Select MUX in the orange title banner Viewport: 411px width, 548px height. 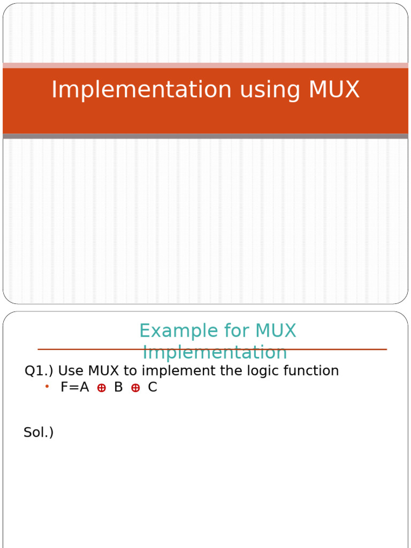(334, 89)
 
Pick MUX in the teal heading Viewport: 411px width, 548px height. (276, 331)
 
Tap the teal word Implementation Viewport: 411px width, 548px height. (215, 353)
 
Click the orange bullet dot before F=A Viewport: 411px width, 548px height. (47, 386)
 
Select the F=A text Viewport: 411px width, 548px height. (74, 387)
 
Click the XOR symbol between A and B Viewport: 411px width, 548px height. (101, 389)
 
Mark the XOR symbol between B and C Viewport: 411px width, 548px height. (135, 389)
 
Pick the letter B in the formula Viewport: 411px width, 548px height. (118, 387)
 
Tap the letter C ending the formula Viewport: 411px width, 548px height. (153, 387)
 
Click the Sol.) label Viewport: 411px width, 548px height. (39, 432)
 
